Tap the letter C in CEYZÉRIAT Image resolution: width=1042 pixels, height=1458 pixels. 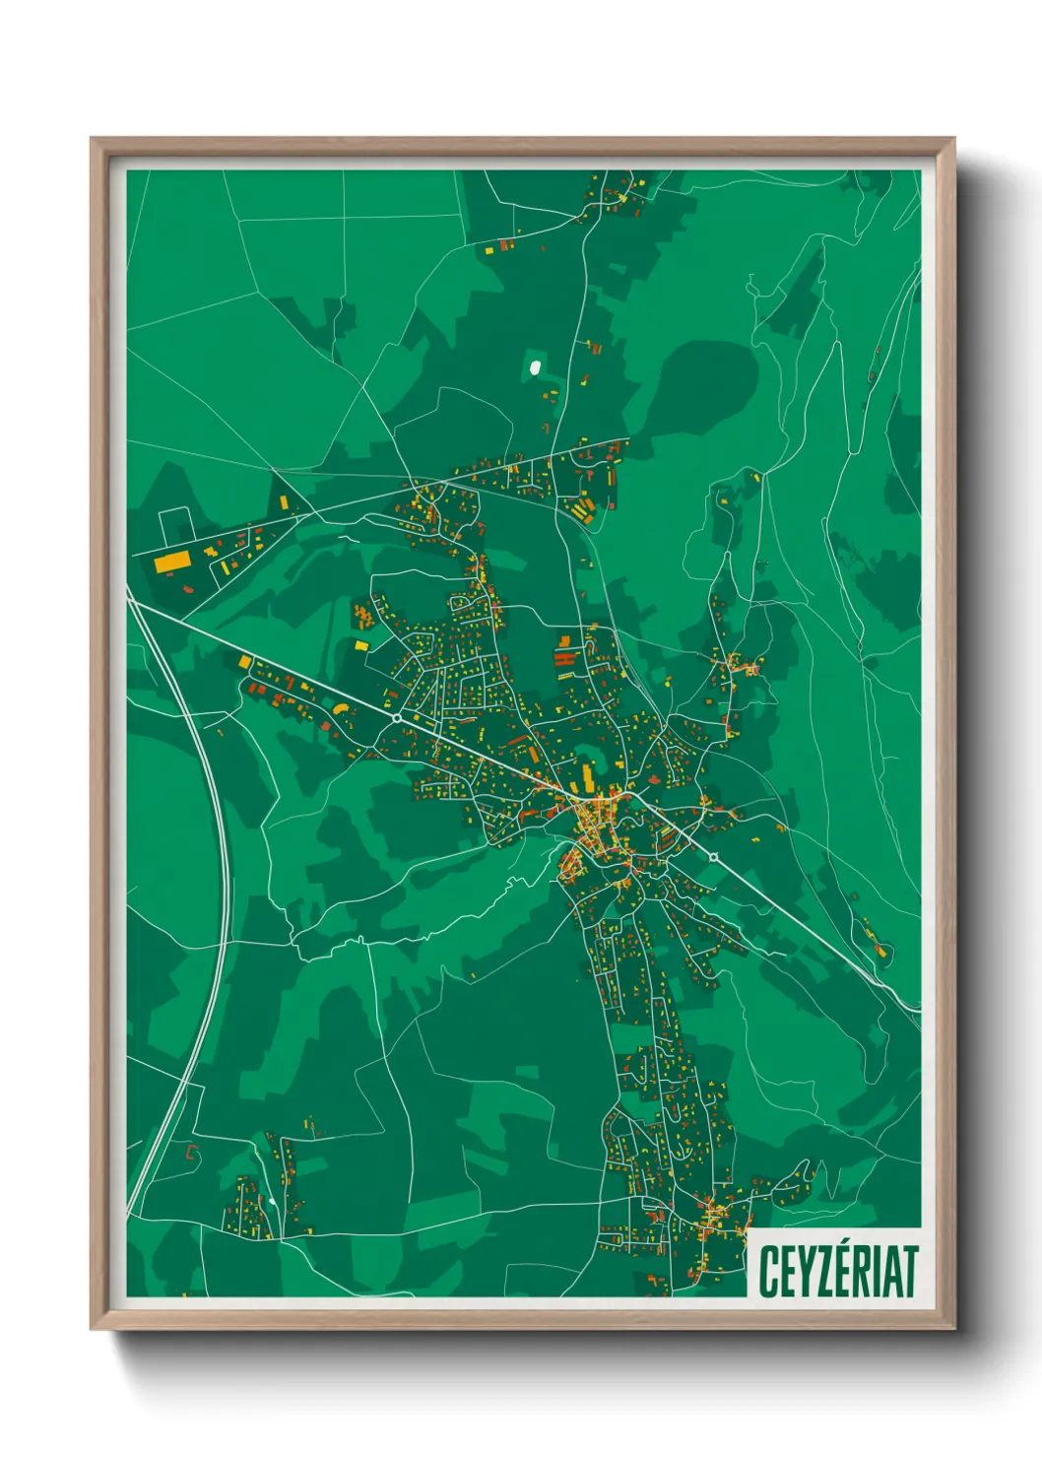point(768,1272)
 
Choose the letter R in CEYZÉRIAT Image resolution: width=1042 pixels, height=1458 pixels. point(860,1272)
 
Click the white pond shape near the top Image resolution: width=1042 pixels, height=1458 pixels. point(535,367)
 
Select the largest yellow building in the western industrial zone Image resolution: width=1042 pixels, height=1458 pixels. point(171,562)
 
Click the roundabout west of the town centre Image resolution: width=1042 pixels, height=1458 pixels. point(397,718)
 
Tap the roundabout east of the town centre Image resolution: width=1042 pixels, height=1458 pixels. point(713,857)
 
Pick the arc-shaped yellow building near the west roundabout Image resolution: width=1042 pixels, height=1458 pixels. point(340,706)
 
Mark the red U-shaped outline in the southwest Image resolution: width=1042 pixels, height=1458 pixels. point(191,1151)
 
